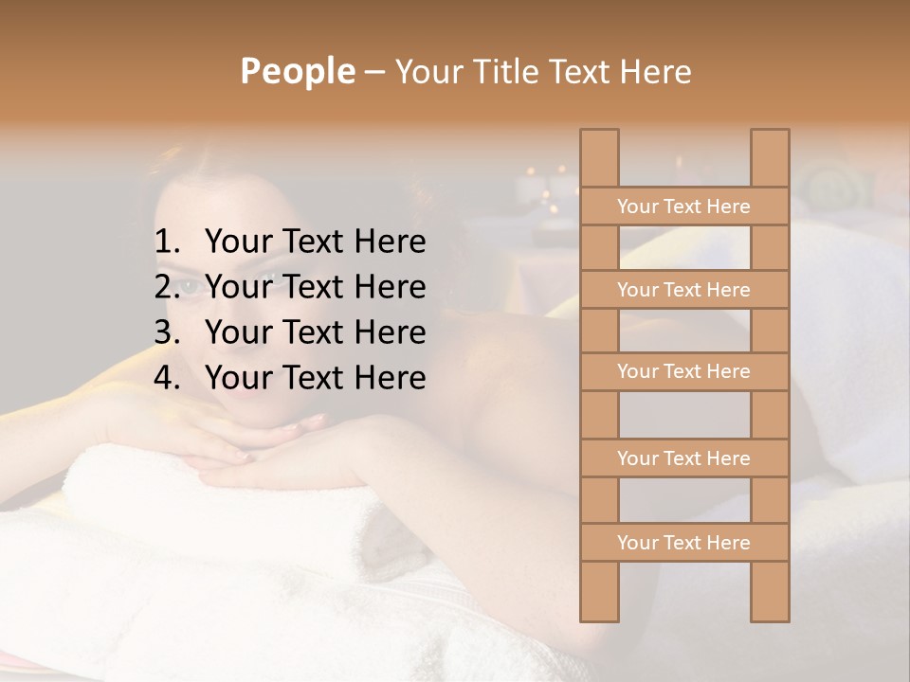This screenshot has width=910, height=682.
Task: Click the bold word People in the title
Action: pos(297,71)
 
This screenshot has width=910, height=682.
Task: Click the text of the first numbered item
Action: pos(315,242)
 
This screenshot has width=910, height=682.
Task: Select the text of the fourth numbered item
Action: pos(315,378)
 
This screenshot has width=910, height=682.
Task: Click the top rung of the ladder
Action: pos(683,206)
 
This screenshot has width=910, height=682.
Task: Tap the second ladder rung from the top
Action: pos(683,290)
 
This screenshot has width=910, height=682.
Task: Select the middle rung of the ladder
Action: pos(683,371)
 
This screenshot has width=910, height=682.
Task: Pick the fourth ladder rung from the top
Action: pos(683,458)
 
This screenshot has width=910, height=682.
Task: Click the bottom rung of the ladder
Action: pos(683,543)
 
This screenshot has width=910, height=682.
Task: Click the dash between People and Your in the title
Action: pos(373,71)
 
